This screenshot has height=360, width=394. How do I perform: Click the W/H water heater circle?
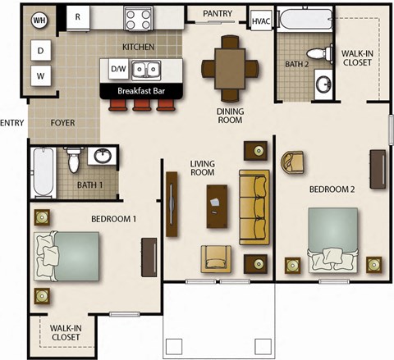39,18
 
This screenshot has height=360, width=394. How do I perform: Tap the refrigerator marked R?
78,16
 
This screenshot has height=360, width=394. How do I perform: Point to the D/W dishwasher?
118,71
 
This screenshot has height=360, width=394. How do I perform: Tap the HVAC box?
261,21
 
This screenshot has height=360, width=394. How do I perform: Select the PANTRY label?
217,13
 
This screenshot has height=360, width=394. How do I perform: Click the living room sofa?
254,200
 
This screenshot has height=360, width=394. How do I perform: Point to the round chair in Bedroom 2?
294,164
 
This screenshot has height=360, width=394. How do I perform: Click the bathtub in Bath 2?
305,17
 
